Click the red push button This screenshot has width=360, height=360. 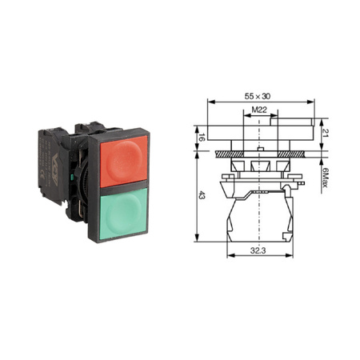[123, 161]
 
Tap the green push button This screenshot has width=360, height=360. [123, 214]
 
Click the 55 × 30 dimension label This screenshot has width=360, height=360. [258, 96]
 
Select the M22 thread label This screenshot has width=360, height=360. [259, 110]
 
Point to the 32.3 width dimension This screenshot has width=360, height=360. [258, 250]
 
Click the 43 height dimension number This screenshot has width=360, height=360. [202, 197]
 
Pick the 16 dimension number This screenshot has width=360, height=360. [202, 138]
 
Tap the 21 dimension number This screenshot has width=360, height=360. [326, 133]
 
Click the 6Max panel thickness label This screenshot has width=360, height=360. [325, 177]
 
